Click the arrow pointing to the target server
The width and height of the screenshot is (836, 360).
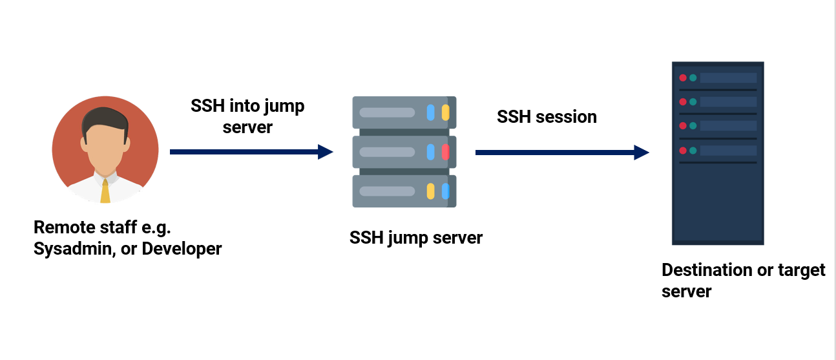[x=561, y=153]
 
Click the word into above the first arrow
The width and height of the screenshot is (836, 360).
[x=247, y=106]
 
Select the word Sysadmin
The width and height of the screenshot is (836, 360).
[x=70, y=248]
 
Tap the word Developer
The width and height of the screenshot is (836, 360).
[x=182, y=248]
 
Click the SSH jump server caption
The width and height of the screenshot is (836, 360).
[x=416, y=238]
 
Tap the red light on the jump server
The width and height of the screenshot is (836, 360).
[x=445, y=153]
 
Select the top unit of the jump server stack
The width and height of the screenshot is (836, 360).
[x=404, y=112]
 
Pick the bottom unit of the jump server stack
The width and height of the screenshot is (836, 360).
[x=404, y=191]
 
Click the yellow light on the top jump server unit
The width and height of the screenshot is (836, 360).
[x=445, y=112]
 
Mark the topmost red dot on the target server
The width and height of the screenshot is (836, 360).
[x=682, y=78]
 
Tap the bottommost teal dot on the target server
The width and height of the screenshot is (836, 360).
[x=693, y=151]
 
